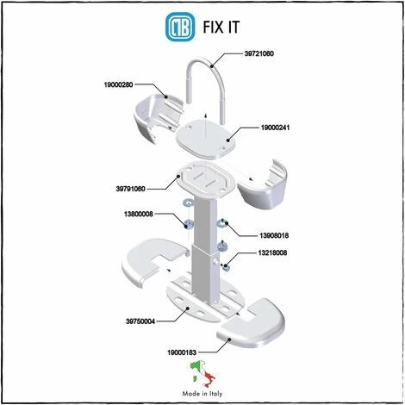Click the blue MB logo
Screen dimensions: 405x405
point(180,27)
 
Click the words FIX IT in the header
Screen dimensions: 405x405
point(221,28)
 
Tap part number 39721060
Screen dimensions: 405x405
point(259,53)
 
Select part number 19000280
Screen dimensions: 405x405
point(118,84)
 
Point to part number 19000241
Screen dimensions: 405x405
point(275,128)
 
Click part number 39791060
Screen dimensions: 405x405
point(130,189)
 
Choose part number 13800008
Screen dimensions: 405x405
point(139,214)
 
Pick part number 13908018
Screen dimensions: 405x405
point(274,235)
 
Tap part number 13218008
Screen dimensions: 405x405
point(272,252)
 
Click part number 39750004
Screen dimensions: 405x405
point(140,321)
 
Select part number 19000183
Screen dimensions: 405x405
point(182,352)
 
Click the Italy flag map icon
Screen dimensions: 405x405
point(202,374)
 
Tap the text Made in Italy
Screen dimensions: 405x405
point(202,394)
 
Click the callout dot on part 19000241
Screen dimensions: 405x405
point(228,140)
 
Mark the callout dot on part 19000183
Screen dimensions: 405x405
point(229,340)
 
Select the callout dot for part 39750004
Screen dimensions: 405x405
point(188,308)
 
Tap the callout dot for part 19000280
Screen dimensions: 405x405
point(165,97)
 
